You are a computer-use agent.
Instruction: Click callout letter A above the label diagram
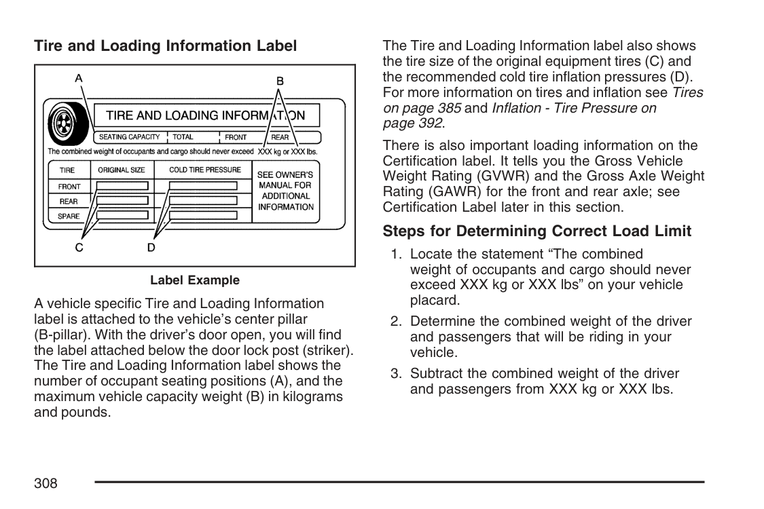tap(79, 78)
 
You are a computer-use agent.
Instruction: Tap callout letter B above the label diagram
tap(280, 81)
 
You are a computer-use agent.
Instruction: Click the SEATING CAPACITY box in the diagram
tap(129, 137)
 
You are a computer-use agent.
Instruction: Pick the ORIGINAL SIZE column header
tap(122, 170)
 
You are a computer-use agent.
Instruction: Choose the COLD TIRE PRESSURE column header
tap(204, 170)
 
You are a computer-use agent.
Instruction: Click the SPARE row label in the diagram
tap(69, 216)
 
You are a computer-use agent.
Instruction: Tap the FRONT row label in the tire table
tap(69, 187)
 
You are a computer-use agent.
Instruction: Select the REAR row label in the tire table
tap(69, 202)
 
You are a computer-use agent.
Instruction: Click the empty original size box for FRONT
tap(122, 186)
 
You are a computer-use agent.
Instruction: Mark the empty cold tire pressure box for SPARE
tap(203, 216)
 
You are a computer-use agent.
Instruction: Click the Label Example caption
tap(195, 280)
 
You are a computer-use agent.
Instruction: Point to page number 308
tap(46, 483)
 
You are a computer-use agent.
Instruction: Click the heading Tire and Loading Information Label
tap(165, 46)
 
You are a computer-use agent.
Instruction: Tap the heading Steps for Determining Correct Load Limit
tap(536, 231)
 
